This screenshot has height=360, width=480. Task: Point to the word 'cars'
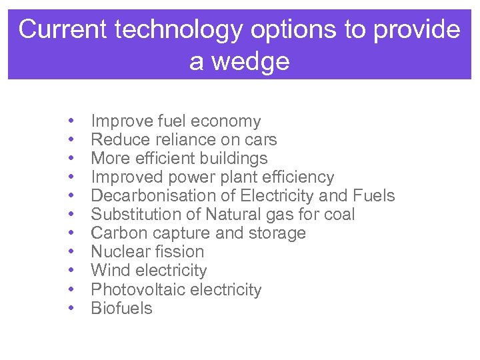coord(261,140)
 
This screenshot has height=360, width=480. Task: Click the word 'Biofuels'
coord(121,309)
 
